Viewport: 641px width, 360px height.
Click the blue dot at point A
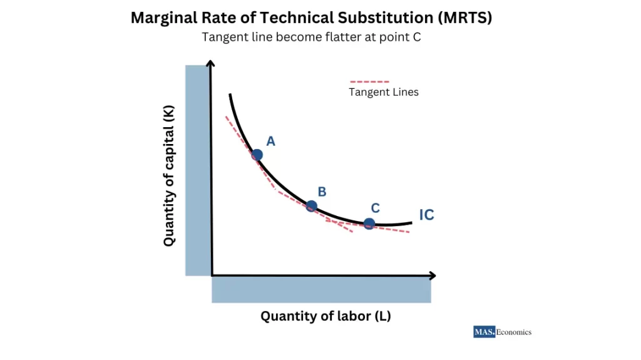tap(257, 155)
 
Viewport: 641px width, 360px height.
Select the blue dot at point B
tap(311, 206)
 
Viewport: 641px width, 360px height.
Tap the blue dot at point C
tap(369, 224)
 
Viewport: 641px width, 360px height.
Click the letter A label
tap(270, 141)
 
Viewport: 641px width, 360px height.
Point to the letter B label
tap(322, 192)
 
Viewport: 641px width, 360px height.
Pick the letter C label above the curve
tap(376, 208)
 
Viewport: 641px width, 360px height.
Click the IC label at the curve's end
tap(426, 215)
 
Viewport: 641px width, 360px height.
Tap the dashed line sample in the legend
tap(369, 81)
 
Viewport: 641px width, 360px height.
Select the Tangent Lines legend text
tap(383, 92)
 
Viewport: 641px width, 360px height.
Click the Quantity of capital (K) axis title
tap(169, 176)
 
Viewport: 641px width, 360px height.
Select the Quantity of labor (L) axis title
tap(326, 316)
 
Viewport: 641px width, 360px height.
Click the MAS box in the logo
tap(484, 332)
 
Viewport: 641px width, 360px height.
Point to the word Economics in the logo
tap(514, 332)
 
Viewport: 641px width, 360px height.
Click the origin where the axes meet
tap(212, 275)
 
